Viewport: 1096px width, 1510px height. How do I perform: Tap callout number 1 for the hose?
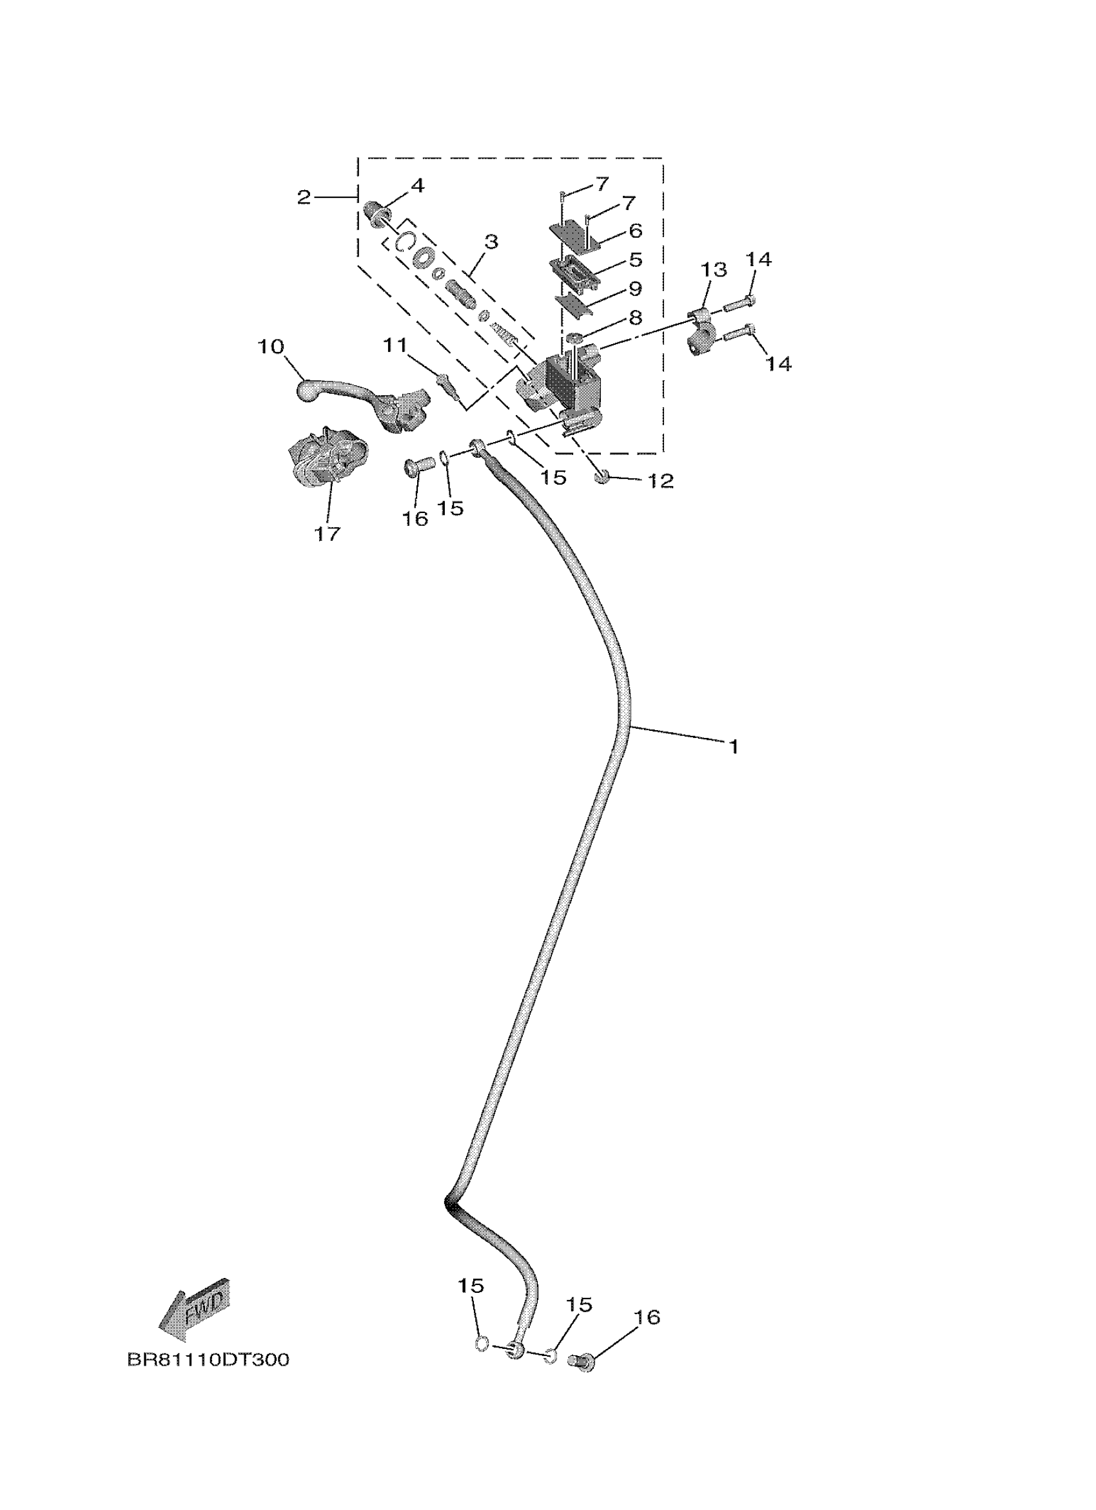point(733,746)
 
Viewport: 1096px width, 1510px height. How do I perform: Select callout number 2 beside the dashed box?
point(304,197)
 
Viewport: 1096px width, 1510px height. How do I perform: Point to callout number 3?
point(491,242)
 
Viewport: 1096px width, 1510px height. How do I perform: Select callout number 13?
point(713,270)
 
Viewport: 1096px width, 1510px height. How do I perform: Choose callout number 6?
point(634,231)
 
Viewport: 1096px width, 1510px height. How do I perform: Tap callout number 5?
point(634,260)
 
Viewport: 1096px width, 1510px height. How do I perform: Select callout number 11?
point(394,346)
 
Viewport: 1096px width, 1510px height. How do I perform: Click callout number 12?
point(661,481)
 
